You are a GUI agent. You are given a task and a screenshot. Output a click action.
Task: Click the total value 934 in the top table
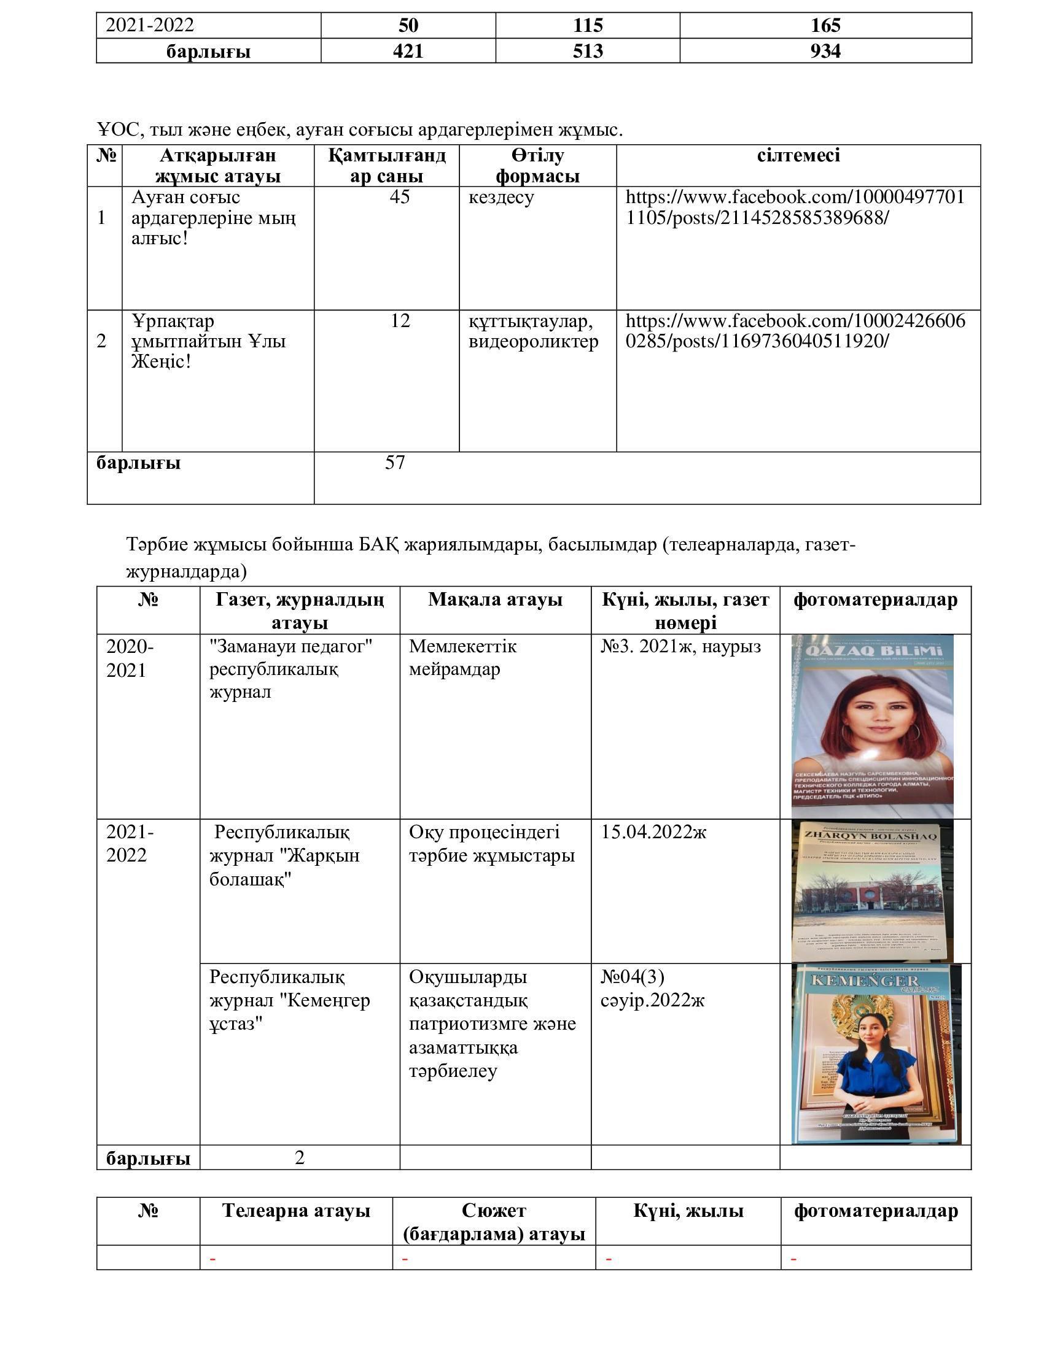click(825, 51)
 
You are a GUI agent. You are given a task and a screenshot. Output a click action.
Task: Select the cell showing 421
click(408, 51)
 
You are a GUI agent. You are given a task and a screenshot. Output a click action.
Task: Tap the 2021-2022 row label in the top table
click(150, 25)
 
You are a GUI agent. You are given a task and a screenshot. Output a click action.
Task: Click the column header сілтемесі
click(798, 155)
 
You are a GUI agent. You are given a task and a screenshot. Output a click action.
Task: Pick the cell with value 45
click(400, 197)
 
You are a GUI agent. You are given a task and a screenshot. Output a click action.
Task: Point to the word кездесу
click(501, 198)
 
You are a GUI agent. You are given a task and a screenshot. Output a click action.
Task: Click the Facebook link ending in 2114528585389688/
click(795, 207)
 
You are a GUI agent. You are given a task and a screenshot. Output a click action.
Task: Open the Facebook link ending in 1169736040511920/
click(795, 331)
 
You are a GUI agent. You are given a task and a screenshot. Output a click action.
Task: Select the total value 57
click(395, 462)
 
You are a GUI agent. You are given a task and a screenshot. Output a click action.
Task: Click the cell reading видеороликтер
click(533, 341)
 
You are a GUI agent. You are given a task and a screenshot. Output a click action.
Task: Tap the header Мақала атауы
click(495, 600)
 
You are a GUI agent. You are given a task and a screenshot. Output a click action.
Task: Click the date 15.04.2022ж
click(653, 832)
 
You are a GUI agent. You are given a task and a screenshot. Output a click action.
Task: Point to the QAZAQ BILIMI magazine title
click(871, 652)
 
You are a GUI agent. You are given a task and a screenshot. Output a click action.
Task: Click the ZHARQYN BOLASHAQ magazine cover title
click(870, 836)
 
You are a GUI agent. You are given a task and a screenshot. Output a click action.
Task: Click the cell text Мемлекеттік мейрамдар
click(462, 658)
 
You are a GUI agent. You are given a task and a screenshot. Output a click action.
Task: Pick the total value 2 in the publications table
click(299, 1158)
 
